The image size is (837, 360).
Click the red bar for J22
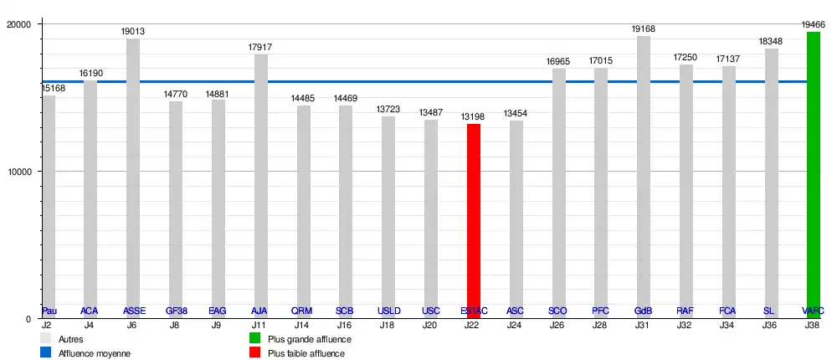click(474, 218)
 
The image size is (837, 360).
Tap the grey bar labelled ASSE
click(133, 176)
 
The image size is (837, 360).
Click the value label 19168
click(644, 29)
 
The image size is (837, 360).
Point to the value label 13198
click(474, 117)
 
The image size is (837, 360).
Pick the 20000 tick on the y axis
click(19, 25)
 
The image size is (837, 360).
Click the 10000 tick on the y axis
click(19, 172)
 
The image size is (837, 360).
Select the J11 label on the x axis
click(260, 325)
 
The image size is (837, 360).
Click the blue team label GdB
click(644, 311)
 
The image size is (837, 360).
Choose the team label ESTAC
click(474, 311)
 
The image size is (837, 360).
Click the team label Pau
click(49, 311)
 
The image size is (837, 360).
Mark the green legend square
click(256, 339)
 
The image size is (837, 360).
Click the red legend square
click(256, 353)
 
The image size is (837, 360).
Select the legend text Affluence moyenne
click(95, 353)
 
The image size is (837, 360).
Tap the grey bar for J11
click(260, 184)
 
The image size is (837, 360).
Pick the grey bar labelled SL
click(771, 180)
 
